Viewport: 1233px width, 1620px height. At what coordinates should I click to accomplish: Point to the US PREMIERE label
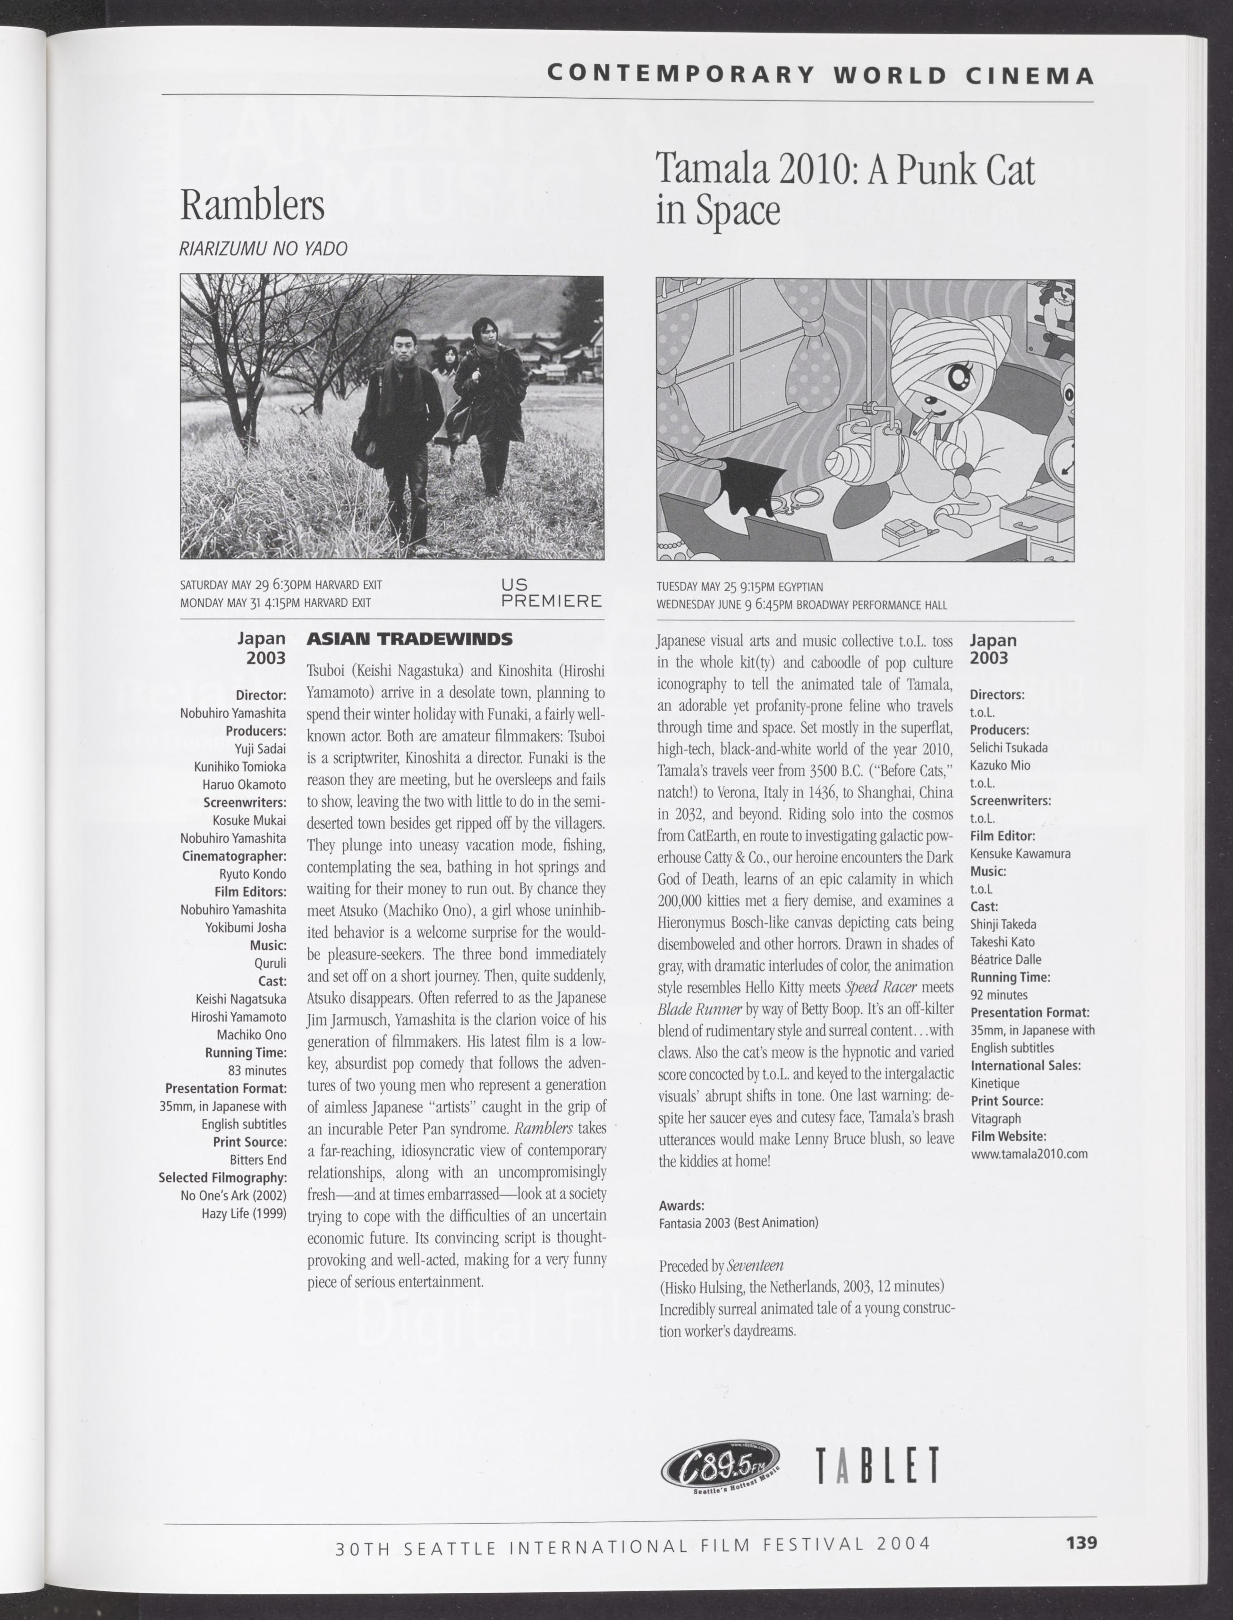[x=551, y=593]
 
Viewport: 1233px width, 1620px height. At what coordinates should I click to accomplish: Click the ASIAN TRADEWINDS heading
[x=409, y=639]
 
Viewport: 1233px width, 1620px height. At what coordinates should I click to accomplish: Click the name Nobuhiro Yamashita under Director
[x=233, y=712]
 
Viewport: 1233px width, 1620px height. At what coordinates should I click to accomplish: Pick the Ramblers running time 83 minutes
[x=257, y=1070]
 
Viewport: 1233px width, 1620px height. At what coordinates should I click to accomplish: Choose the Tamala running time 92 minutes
[x=999, y=995]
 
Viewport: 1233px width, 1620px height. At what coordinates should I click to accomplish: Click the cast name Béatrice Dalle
[x=1005, y=959]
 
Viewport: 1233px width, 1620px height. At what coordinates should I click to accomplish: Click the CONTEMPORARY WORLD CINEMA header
[x=821, y=75]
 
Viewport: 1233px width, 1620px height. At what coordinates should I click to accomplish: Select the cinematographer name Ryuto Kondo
[x=253, y=874]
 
